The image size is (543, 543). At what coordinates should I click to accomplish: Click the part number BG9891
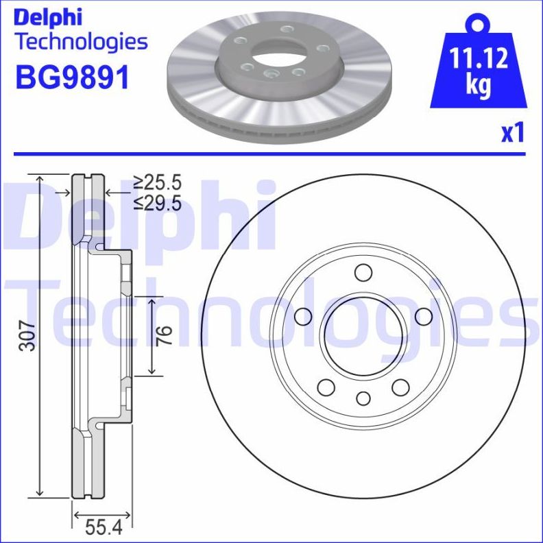tap(72, 77)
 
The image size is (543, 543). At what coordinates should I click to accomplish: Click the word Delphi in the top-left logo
tap(48, 16)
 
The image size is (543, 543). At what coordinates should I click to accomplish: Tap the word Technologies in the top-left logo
tap(81, 41)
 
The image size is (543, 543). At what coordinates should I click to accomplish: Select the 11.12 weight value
tap(478, 60)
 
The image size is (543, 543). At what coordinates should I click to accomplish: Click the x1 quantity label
tap(512, 132)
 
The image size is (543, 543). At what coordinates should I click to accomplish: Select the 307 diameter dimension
tap(26, 336)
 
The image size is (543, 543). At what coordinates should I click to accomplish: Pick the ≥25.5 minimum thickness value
tap(157, 182)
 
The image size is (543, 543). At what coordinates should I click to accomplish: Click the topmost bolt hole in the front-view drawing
tap(363, 272)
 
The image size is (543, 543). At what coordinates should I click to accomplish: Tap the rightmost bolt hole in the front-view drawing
tap(424, 316)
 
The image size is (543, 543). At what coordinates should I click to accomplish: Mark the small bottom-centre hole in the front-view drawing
tap(363, 398)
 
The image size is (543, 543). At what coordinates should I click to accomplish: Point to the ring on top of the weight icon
tap(477, 25)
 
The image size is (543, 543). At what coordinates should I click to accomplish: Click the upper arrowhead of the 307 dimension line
tap(40, 180)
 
